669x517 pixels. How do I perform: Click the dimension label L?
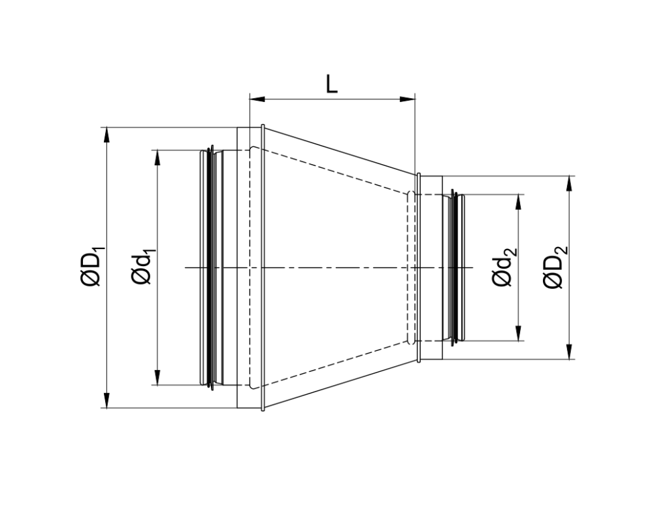(x=332, y=84)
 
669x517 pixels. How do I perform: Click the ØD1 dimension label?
(x=91, y=267)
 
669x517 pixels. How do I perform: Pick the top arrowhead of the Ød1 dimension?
(x=157, y=157)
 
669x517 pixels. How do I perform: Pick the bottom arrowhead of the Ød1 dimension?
(x=157, y=378)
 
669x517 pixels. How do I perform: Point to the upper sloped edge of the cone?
(x=340, y=150)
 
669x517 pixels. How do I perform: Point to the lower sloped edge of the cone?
(x=340, y=385)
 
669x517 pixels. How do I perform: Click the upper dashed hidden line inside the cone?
(x=333, y=173)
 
